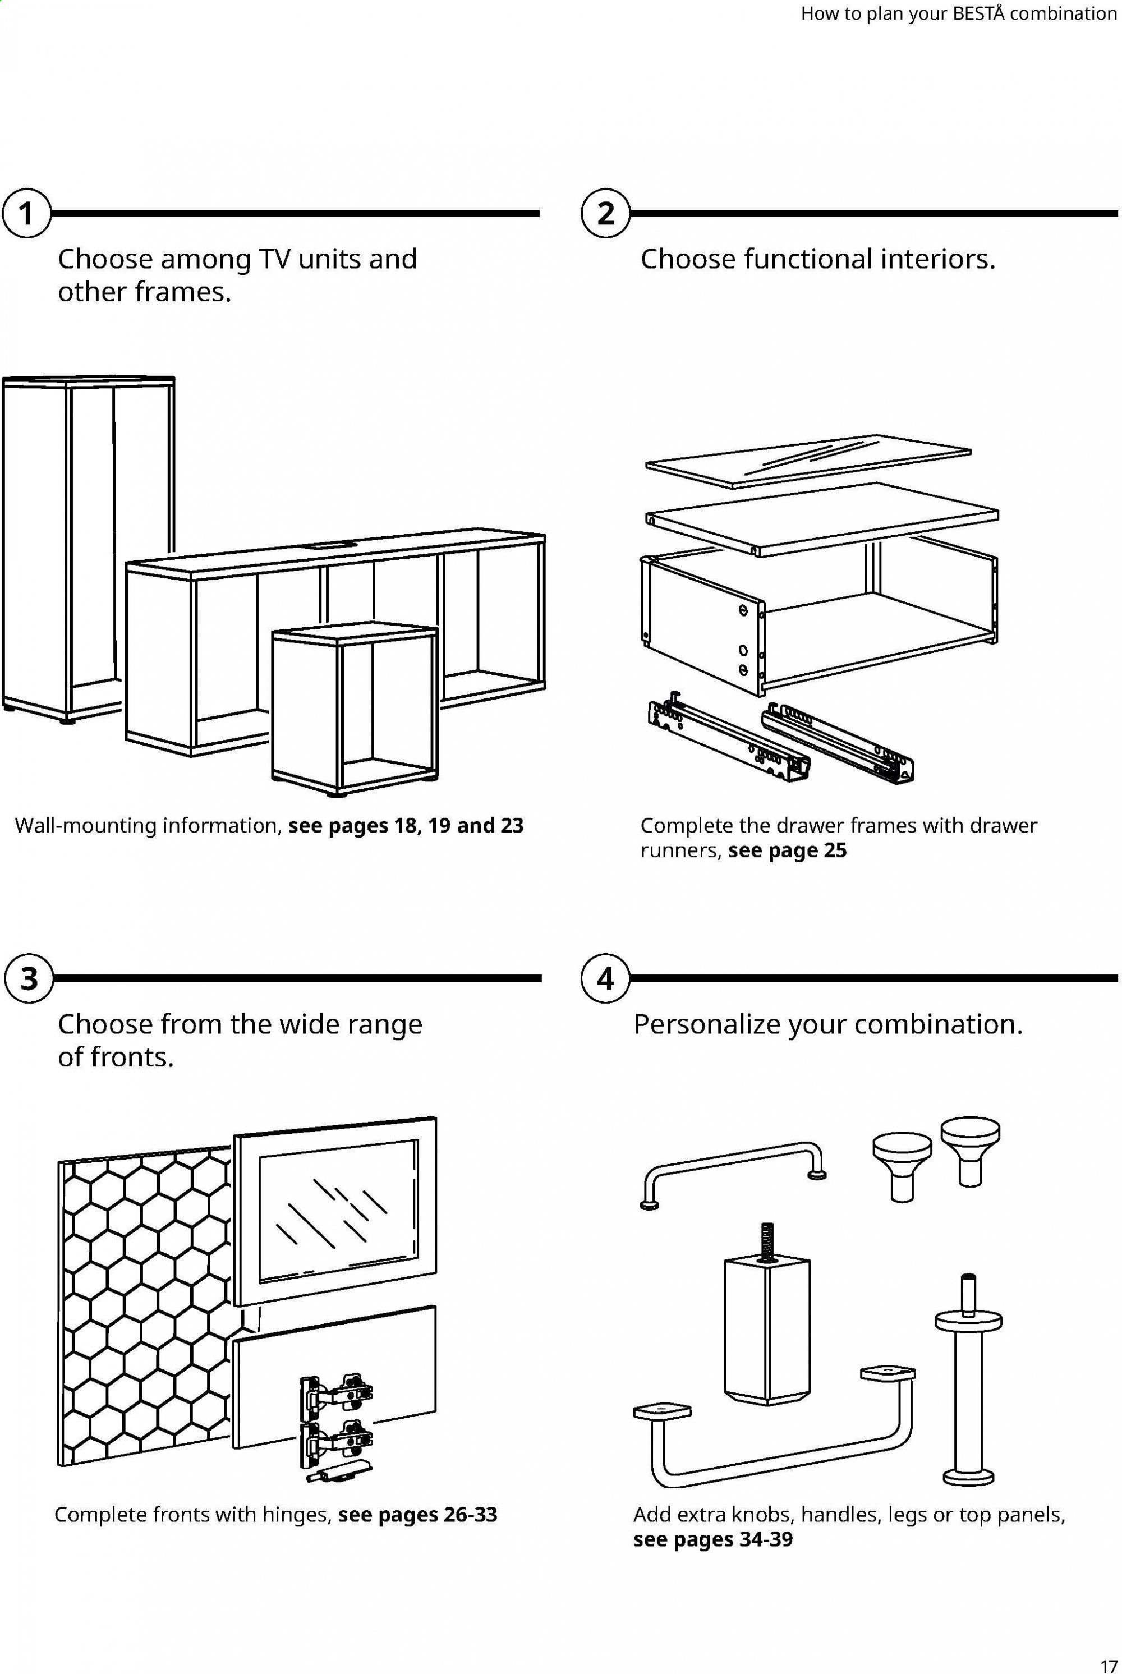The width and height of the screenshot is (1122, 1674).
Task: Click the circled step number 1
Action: pos(26,213)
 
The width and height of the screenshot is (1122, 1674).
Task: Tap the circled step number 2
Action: pos(605,213)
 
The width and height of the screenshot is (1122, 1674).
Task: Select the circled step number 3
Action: pos(29,978)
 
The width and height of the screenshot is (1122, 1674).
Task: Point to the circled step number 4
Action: pos(605,978)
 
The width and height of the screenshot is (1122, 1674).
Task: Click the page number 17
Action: pos(1109,1658)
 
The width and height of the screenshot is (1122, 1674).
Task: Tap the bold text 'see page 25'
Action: pos(787,850)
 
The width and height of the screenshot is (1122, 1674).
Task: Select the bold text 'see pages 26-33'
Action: pos(417,1515)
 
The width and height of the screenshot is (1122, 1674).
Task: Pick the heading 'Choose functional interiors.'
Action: pos(817,259)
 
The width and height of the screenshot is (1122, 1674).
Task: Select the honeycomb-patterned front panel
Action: pos(143,1309)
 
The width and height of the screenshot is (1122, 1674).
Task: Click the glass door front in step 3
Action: pos(335,1209)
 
